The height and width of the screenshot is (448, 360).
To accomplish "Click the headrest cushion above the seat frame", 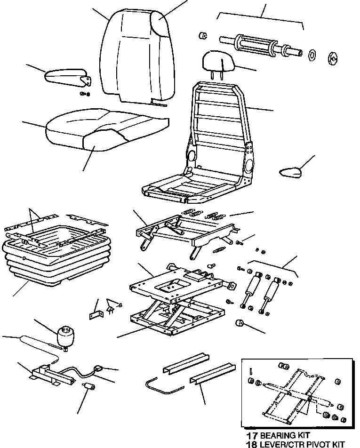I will (216, 60).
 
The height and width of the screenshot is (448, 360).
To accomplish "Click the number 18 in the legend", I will (248, 444).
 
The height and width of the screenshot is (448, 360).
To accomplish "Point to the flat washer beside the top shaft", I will (312, 55).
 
